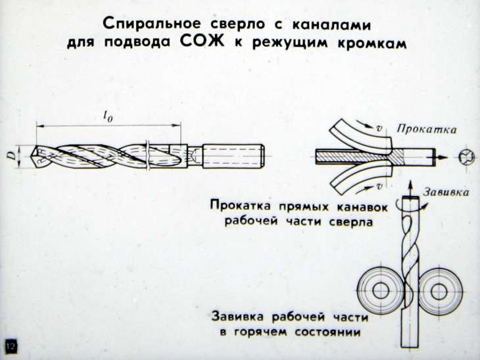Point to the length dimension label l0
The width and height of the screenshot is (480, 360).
pyautogui.click(x=108, y=116)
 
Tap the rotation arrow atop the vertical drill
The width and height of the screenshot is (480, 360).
pyautogui.click(x=409, y=200)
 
